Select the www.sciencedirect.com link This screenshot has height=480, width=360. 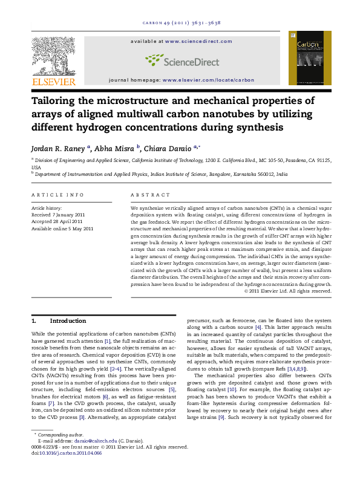198,41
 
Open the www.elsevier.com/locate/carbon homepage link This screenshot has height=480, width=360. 208,80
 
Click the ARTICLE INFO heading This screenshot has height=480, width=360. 58,195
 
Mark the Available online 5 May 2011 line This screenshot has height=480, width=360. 63,229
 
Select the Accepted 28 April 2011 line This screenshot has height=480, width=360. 59,222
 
